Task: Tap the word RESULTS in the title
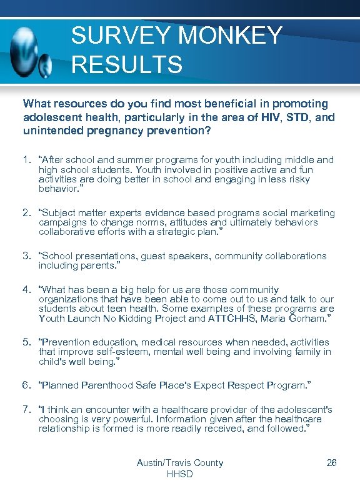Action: (127, 64)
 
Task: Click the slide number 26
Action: (332, 463)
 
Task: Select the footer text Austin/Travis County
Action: (180, 463)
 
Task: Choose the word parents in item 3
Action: (96, 265)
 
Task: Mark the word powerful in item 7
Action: (129, 420)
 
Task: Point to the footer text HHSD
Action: (180, 474)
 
